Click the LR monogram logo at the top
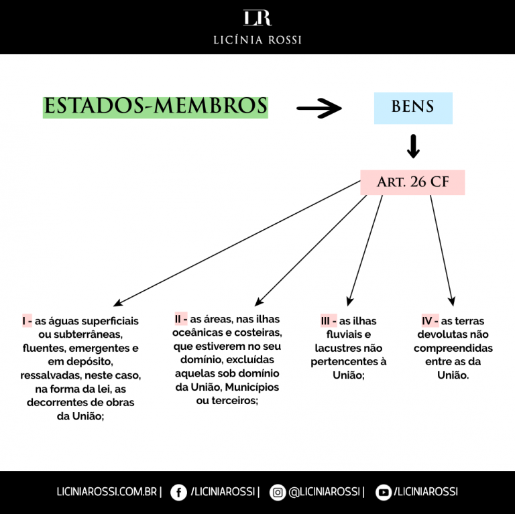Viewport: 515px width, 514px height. point(257,17)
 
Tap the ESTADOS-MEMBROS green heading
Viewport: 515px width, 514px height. point(156,107)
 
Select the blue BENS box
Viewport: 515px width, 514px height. point(413,108)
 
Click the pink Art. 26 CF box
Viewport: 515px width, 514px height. point(412,182)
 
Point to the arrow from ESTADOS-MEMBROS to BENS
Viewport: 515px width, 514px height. point(319,108)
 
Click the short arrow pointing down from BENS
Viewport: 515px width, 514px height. point(413,146)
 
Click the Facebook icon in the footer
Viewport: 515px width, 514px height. point(178,493)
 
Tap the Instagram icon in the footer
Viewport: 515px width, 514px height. point(278,493)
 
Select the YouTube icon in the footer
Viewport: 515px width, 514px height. point(384,493)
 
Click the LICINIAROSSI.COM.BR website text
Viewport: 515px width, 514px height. point(107,492)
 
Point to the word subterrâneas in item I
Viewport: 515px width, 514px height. point(88,334)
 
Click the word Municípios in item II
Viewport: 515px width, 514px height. point(252,387)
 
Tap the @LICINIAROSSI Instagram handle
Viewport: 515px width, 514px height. point(324,492)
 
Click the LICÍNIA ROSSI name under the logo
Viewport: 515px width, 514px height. point(257,40)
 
